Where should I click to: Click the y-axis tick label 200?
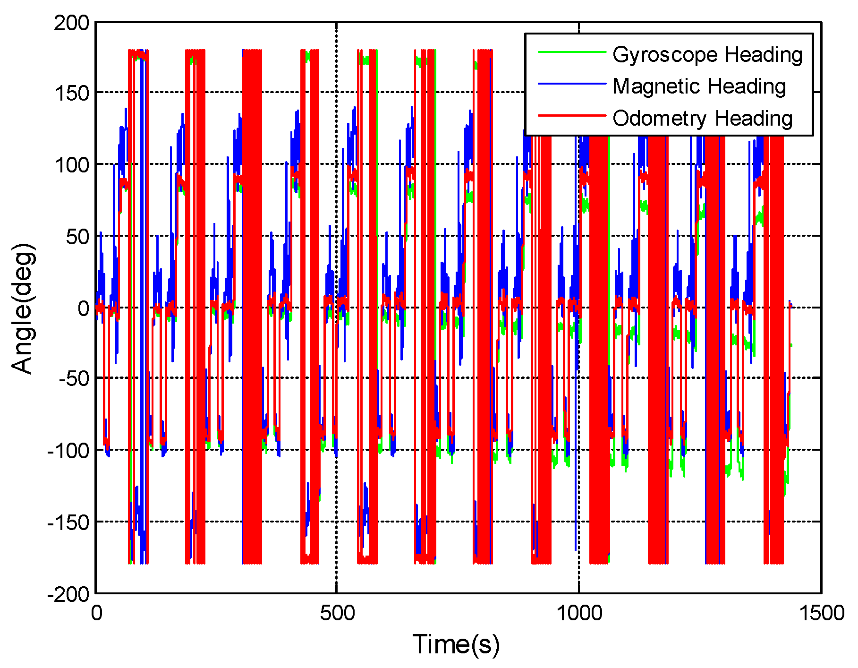pos(71,23)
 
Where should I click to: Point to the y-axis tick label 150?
pos(71,93)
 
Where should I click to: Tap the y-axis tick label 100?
pos(71,165)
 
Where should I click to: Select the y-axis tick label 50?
pos(77,237)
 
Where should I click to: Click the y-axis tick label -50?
pos(74,379)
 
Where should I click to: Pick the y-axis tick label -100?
pos(68,451)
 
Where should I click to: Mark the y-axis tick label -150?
pos(68,522)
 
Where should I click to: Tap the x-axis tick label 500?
pos(337,613)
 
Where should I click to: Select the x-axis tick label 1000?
pos(579,613)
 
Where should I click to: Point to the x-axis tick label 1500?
pos(821,613)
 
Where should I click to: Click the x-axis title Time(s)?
pos(456,644)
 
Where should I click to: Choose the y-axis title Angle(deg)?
pos(23,308)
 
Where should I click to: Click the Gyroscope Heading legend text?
pos(707,55)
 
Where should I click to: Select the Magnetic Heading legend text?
pos(699,86)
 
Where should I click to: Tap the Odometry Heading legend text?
pos(702,118)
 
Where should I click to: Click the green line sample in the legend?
pos(572,52)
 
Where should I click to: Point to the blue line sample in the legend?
pos(572,84)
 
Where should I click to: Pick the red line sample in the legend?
pos(572,115)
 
